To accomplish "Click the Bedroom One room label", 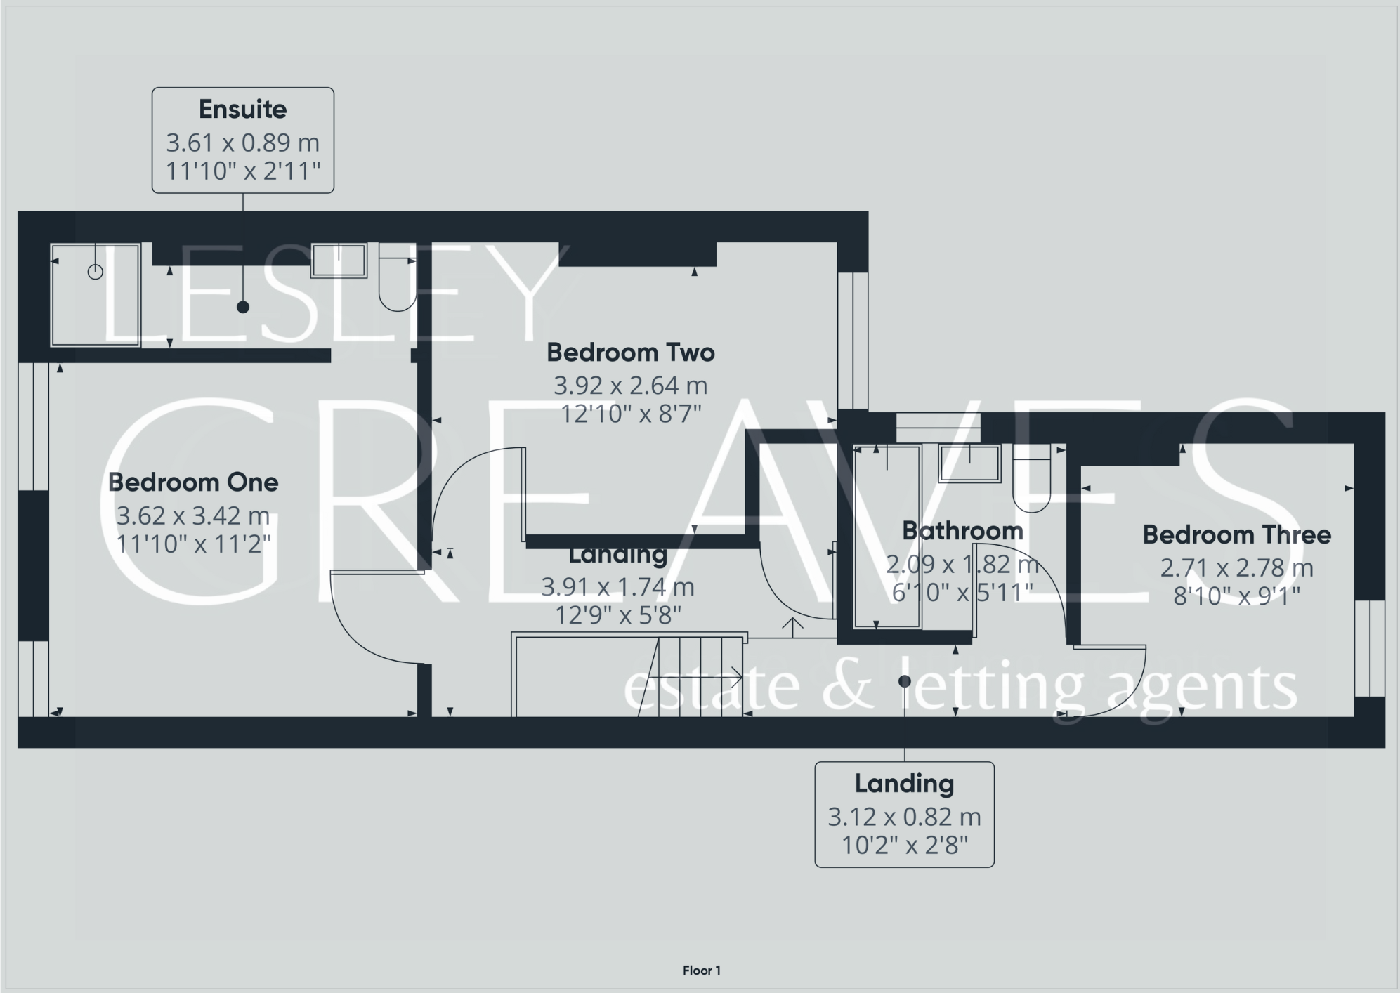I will click(193, 482).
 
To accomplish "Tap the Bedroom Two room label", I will click(630, 353).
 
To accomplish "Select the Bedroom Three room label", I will click(1236, 535).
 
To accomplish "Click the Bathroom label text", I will click(962, 531).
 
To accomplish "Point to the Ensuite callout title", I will click(242, 110).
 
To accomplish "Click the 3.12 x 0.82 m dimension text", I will click(904, 817).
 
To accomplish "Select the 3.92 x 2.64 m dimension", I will click(630, 386).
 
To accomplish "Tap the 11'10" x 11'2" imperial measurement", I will click(193, 544).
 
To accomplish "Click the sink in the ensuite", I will click(339, 261).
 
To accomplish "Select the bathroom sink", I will click(970, 463).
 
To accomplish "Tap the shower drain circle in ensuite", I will click(96, 272).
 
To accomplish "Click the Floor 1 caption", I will click(701, 971).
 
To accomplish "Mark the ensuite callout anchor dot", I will click(243, 307).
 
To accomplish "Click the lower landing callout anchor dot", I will click(905, 681).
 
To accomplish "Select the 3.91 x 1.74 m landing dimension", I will click(617, 587).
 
